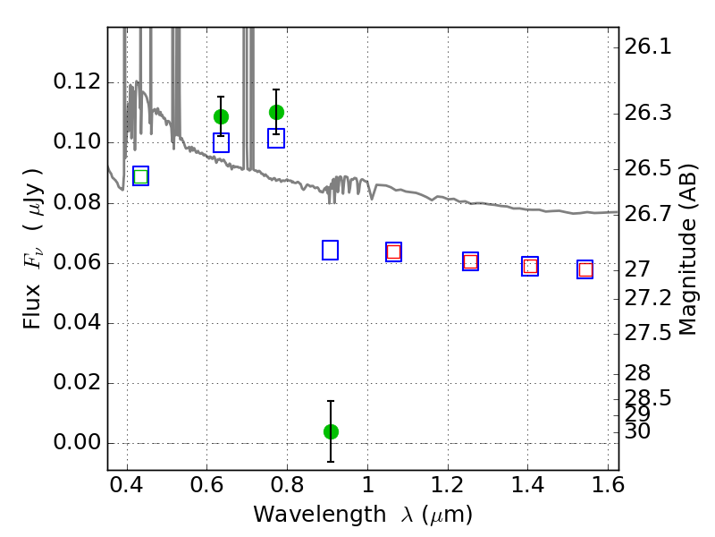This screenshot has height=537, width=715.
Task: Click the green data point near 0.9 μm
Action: pos(331,431)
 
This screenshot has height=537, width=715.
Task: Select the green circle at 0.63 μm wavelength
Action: pos(221,116)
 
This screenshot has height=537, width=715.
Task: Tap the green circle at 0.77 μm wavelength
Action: pos(276,112)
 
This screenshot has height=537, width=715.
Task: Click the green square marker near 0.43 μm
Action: pos(140,176)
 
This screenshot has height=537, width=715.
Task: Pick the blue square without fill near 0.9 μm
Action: pos(330,251)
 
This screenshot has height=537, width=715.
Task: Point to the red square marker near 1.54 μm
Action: pos(585,269)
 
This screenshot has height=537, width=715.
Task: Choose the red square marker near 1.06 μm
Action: pos(393,252)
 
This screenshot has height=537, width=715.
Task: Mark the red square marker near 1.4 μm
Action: pos(530,266)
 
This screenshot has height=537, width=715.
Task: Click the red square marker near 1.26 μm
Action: pos(470,261)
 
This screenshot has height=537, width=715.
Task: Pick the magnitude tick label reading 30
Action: pos(639,431)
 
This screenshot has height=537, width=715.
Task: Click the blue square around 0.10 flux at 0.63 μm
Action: pos(221,143)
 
